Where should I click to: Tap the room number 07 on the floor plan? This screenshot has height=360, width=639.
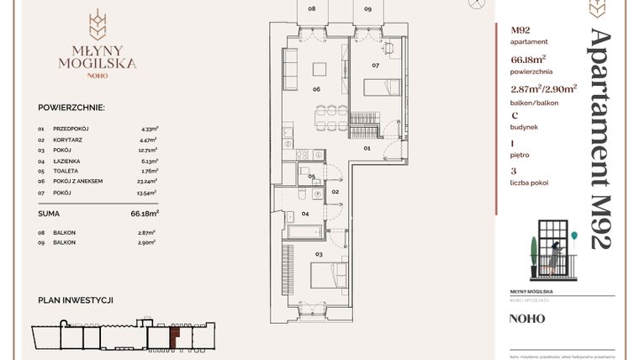[376, 65]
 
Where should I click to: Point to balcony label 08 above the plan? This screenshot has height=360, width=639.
[312, 8]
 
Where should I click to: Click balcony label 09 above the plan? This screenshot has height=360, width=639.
[367, 8]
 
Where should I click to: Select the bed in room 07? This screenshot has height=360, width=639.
[383, 87]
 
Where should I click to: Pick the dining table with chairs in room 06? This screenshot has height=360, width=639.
[326, 113]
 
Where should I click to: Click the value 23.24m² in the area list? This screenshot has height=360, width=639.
[150, 181]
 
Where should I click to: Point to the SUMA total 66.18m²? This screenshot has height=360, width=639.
[145, 214]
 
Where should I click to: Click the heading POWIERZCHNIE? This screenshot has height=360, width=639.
[71, 109]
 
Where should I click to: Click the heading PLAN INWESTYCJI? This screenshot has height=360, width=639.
[76, 300]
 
